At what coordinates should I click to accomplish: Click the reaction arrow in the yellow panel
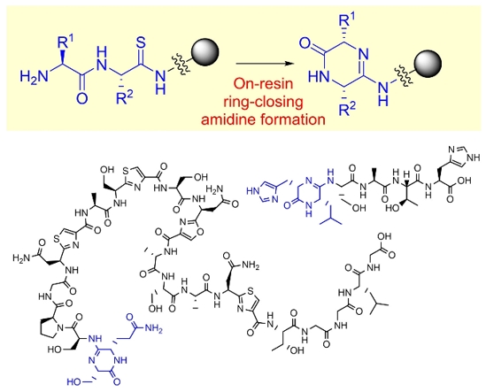(265, 64)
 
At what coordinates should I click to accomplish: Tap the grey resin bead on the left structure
(205, 52)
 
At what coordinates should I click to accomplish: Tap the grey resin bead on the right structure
(428, 64)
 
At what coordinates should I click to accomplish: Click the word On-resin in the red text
(263, 83)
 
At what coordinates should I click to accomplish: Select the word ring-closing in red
(264, 102)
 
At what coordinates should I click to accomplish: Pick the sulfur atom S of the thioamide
(141, 43)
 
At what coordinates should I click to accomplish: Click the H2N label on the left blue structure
(35, 76)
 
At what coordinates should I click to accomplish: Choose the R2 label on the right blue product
(348, 109)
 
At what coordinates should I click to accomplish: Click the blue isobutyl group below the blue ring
(330, 216)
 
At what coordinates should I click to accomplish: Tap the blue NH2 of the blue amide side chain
(153, 328)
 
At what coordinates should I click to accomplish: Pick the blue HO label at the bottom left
(74, 381)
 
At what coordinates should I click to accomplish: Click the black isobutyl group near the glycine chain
(377, 301)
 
